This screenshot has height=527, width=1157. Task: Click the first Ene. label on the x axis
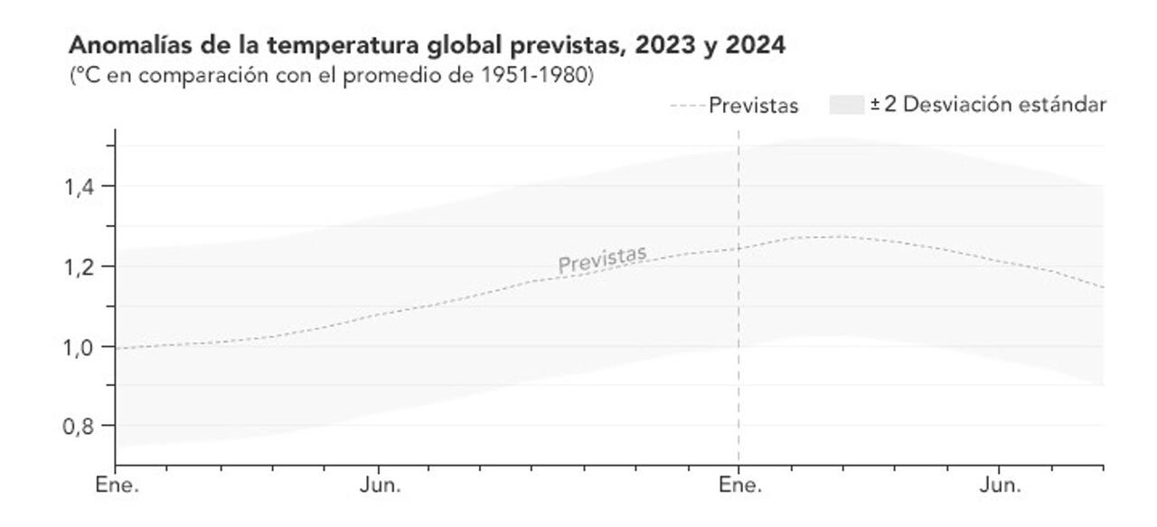click(x=118, y=485)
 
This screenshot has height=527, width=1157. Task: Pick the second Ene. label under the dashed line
click(x=740, y=485)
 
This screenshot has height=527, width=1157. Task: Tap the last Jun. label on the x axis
click(x=1000, y=485)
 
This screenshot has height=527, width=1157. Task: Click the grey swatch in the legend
click(x=846, y=105)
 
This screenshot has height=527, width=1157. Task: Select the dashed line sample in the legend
click(x=688, y=106)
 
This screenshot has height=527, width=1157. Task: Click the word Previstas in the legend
click(x=754, y=106)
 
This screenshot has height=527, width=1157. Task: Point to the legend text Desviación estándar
click(x=1004, y=105)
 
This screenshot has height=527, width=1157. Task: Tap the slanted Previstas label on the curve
click(x=602, y=259)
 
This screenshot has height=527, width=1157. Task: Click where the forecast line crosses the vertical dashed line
click(x=738, y=248)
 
